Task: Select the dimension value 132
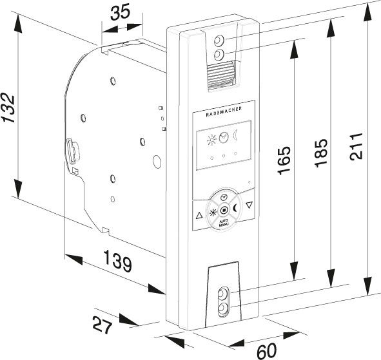pyautogui.click(x=8, y=108)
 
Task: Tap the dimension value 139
pyautogui.click(x=117, y=261)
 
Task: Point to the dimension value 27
pyautogui.click(x=103, y=325)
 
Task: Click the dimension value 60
pyautogui.click(x=266, y=350)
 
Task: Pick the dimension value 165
pyautogui.click(x=284, y=160)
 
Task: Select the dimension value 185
pyautogui.click(x=321, y=153)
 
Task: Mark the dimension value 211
pyautogui.click(x=356, y=146)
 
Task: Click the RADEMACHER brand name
pyautogui.click(x=224, y=111)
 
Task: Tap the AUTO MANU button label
pyautogui.click(x=224, y=223)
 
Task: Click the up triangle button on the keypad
pyautogui.click(x=199, y=215)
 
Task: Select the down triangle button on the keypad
pyautogui.click(x=249, y=205)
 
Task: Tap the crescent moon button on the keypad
pyautogui.click(x=235, y=208)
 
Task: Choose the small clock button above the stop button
pyautogui.click(x=224, y=197)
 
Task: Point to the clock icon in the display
pyautogui.click(x=224, y=137)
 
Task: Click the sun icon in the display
pyautogui.click(x=211, y=140)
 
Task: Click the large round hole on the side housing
pyautogui.click(x=157, y=162)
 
